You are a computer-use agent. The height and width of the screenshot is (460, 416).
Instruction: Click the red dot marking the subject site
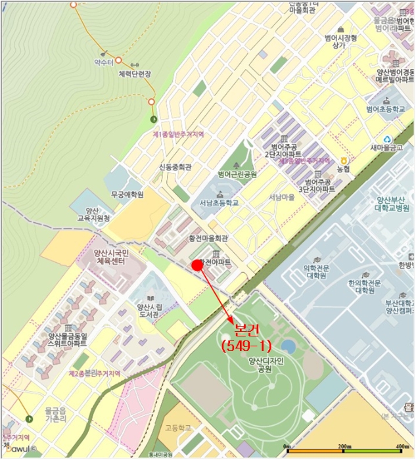(196, 264)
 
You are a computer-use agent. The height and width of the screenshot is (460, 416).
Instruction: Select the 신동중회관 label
(174, 168)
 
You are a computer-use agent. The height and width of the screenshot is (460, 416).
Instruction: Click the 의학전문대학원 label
(315, 271)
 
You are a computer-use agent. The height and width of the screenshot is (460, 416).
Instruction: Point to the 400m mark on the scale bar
(398, 447)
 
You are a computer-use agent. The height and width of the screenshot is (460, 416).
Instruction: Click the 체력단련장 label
(135, 74)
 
